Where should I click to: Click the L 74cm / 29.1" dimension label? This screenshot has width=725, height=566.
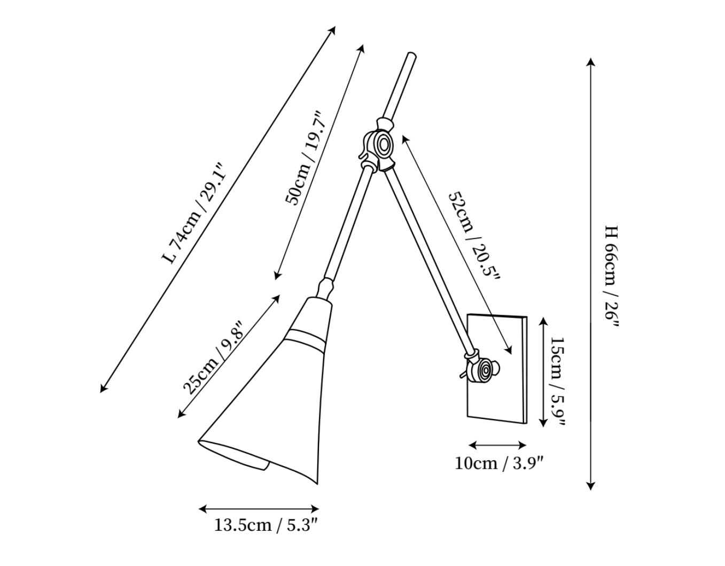(195, 213)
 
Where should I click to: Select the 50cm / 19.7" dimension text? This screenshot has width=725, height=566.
(305, 158)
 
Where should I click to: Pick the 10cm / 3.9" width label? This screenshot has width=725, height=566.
(499, 464)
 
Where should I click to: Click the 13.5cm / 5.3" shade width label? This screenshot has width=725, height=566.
(265, 525)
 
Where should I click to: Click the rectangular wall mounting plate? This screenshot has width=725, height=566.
(497, 369)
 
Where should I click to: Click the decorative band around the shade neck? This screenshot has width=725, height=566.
(306, 339)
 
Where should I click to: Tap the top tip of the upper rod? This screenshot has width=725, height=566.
(412, 54)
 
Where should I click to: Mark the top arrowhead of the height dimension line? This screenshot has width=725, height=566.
(590, 62)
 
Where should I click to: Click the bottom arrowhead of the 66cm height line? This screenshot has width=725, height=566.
(590, 486)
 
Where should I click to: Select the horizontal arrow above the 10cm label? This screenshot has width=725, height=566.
(497, 445)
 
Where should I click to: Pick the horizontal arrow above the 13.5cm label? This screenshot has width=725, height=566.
(259, 509)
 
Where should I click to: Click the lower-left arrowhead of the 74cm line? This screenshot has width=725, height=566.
(104, 389)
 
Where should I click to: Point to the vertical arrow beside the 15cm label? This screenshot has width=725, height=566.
(543, 372)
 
